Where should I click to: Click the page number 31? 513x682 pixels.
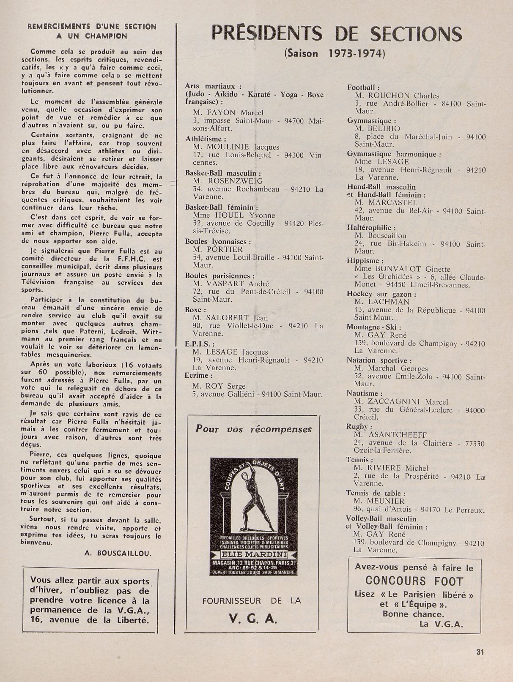(x=480, y=652)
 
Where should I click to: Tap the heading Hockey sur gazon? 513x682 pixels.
(x=381, y=294)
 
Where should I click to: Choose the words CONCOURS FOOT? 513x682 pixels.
(x=414, y=581)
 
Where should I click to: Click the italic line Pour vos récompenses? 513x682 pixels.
(x=253, y=429)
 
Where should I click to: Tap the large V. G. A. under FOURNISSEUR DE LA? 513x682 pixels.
(x=253, y=619)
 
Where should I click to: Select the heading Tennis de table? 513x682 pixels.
(x=376, y=493)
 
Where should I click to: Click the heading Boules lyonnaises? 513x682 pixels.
(x=218, y=242)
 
